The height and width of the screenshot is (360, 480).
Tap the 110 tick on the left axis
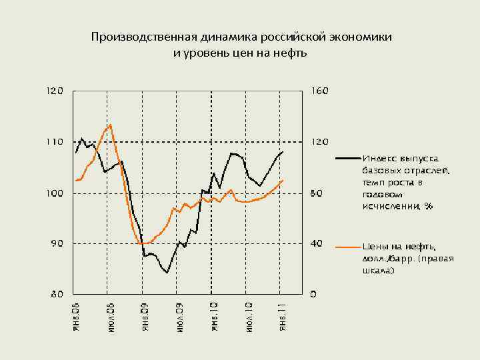[55, 142]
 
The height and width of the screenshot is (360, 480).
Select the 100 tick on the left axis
[55, 193]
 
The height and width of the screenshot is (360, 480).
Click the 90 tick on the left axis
[57, 244]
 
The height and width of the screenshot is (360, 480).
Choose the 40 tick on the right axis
[317, 244]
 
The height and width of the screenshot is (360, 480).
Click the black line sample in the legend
[347, 159]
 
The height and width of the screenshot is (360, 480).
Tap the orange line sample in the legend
[347, 247]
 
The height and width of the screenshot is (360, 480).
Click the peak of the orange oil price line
[110, 125]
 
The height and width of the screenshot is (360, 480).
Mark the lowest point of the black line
[167, 272]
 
